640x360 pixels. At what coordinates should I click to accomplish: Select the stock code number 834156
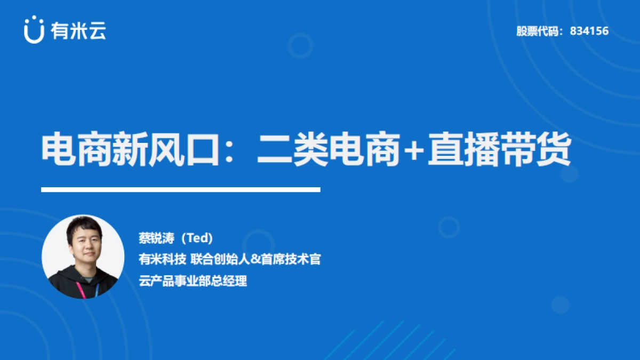589,31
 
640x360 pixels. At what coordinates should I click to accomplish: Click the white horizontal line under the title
181,189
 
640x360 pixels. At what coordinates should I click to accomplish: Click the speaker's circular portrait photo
83,257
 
